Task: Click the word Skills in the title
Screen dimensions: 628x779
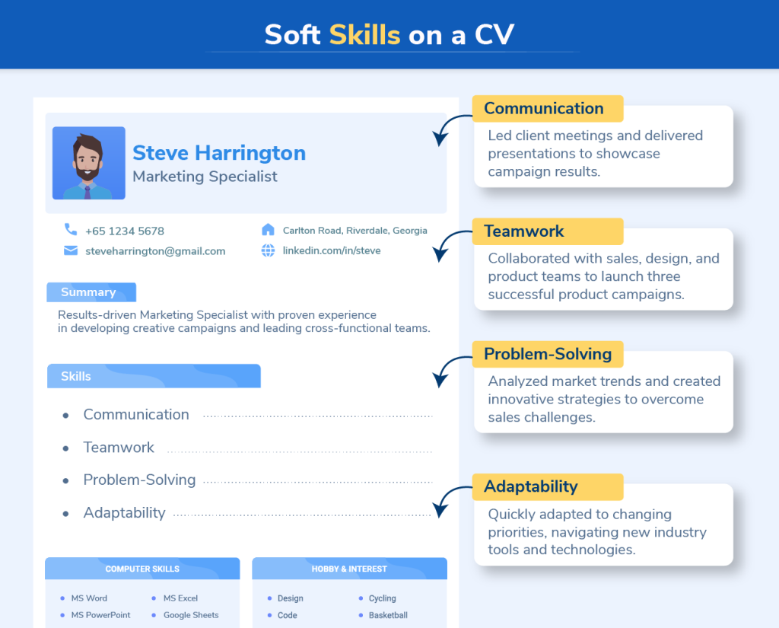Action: [x=364, y=34]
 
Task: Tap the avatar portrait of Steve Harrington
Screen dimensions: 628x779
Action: [x=89, y=163]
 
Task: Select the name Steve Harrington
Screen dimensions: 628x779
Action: [x=219, y=153]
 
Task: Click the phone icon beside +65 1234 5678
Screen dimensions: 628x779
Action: [x=71, y=229]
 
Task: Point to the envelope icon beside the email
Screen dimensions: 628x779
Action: [x=71, y=250]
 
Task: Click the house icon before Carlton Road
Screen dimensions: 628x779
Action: [x=268, y=229]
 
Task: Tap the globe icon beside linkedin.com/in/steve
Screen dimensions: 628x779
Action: [x=268, y=250]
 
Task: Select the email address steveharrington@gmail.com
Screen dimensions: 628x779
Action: [x=155, y=250]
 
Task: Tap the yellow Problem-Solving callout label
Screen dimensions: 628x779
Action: [x=546, y=354]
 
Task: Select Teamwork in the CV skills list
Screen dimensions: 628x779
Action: [x=119, y=448]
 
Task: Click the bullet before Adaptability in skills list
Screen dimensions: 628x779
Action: [x=66, y=514]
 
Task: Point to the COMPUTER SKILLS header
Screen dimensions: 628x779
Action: [x=142, y=569]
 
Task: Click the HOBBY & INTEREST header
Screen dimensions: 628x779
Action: [x=349, y=569]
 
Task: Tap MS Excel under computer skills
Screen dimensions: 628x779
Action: [x=180, y=598]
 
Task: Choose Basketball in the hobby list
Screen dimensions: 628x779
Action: [x=388, y=615]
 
